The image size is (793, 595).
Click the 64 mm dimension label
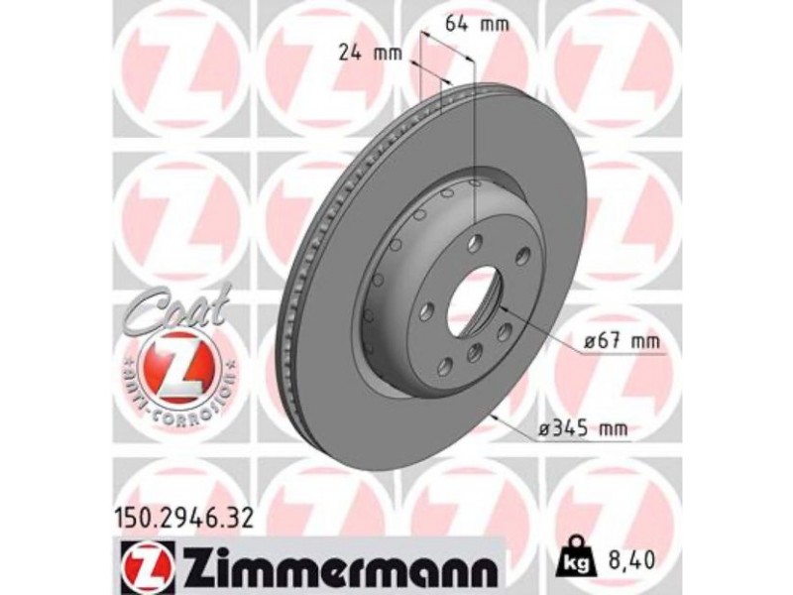point(476,24)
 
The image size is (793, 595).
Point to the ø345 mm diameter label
point(583,429)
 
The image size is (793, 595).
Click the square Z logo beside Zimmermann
point(148,565)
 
